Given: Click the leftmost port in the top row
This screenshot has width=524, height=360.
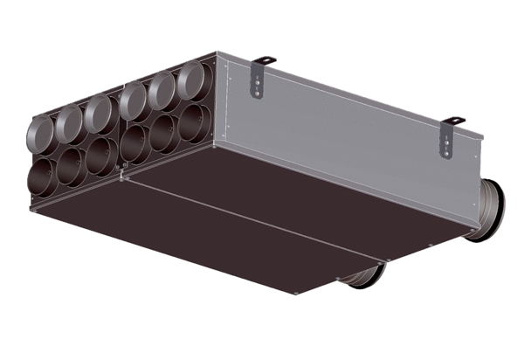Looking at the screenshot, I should (x=40, y=134).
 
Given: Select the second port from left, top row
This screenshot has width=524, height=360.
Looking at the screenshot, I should (x=69, y=126).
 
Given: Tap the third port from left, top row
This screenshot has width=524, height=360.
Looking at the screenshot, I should (x=99, y=114).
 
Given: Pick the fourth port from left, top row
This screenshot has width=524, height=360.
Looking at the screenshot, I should (x=134, y=101).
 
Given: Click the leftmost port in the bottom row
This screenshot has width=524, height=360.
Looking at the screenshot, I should (x=42, y=176).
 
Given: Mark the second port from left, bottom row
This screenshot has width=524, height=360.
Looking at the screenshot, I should (x=72, y=165).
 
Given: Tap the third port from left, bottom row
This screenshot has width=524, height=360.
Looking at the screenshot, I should (x=101, y=154).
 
